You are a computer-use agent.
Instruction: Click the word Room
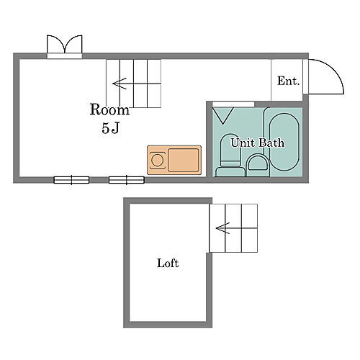pyautogui.click(x=109, y=110)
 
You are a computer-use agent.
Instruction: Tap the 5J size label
pyautogui.click(x=109, y=130)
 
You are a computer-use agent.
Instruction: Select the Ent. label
pyautogui.click(x=288, y=81)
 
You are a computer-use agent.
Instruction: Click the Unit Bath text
pyautogui.click(x=257, y=143)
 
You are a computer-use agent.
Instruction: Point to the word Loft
pyautogui.click(x=168, y=264)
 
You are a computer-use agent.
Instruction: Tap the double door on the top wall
pyautogui.click(x=65, y=45)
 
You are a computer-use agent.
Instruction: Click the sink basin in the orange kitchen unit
pyautogui.click(x=184, y=158)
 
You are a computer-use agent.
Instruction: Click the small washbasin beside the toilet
pyautogui.click(x=256, y=165)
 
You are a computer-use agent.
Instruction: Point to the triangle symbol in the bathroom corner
pyautogui.click(x=222, y=114)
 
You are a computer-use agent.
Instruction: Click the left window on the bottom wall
pyautogui.click(x=71, y=179)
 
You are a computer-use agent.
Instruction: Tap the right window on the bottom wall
pyautogui.click(x=123, y=179)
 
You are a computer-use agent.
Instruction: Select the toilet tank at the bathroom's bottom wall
pyautogui.click(x=229, y=171)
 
